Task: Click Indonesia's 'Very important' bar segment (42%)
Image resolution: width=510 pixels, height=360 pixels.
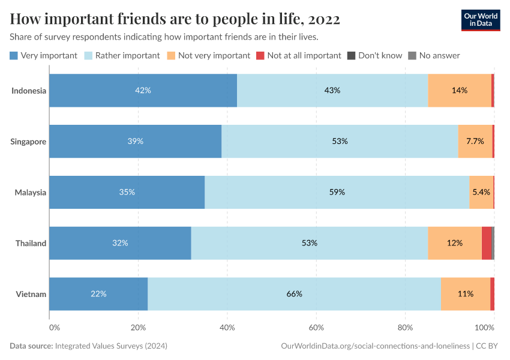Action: pos(143,90)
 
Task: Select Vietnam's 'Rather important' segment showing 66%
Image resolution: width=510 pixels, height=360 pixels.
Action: pos(294,294)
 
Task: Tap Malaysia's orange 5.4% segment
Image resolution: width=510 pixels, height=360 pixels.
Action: pos(481,192)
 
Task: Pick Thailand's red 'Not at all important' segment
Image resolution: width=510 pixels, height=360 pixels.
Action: pos(487,243)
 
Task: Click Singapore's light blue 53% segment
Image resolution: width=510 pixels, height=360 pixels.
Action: pos(340,141)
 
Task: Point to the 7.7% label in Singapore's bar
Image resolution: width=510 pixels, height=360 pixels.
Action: pos(475,141)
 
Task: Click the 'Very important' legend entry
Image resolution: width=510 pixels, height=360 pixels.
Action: pos(44,55)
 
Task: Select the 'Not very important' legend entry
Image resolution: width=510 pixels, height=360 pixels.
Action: pos(208,55)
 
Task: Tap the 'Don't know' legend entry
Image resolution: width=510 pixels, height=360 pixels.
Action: pos(374,55)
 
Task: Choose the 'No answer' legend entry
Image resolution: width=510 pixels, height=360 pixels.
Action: pos(434,55)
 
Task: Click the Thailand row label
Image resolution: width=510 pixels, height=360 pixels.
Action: pos(31,243)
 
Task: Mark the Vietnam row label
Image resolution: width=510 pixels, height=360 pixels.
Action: pos(32,294)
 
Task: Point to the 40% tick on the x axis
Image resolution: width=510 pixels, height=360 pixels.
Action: pos(227,328)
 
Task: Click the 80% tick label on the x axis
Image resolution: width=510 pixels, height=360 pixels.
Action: pos(406,328)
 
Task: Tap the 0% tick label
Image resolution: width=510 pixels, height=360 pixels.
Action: pos(54,328)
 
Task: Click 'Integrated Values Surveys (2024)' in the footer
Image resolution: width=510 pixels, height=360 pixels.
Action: pos(111,346)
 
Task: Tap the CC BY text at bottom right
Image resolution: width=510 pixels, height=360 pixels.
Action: pos(491,346)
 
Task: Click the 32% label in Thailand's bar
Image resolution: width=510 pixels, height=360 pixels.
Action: pos(120,243)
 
